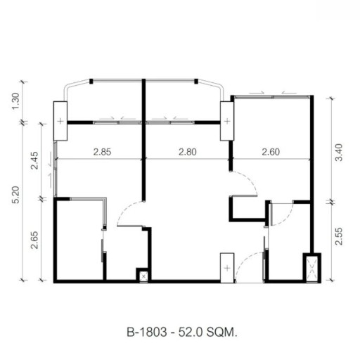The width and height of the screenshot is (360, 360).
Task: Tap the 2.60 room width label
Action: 272,150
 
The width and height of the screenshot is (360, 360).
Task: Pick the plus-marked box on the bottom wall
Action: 226,268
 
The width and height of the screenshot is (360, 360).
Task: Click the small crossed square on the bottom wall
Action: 144,276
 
